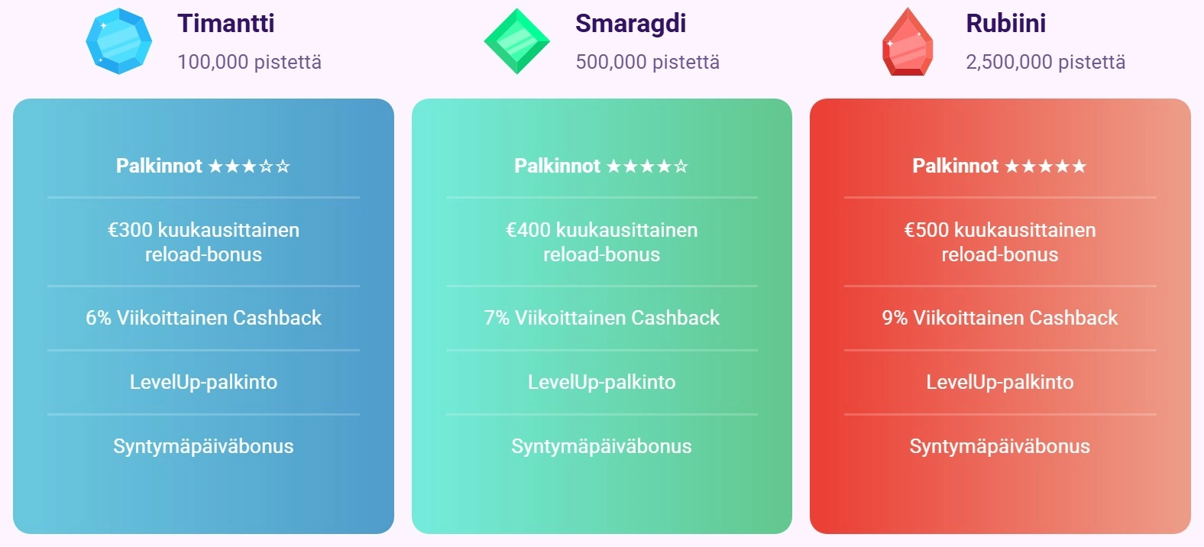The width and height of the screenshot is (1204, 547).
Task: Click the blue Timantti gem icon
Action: (118, 41)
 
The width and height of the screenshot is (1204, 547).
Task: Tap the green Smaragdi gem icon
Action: (517, 41)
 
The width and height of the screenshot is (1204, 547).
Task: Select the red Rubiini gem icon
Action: (908, 42)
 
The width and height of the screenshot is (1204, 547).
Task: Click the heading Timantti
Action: (226, 23)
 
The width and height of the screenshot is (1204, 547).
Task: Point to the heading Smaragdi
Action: (630, 23)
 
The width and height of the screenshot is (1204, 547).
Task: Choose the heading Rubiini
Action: (1005, 23)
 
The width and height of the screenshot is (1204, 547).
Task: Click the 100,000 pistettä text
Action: (249, 62)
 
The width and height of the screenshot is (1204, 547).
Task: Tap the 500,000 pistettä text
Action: (647, 62)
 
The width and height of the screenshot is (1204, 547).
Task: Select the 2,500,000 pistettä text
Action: (1045, 62)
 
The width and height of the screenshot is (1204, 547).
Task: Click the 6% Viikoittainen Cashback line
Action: (203, 318)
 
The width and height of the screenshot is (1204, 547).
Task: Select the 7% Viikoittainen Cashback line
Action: (601, 318)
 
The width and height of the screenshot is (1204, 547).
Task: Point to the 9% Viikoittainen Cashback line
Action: (1000, 318)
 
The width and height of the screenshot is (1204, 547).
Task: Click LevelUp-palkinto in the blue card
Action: (203, 382)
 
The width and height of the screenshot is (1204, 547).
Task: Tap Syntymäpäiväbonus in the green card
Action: (601, 446)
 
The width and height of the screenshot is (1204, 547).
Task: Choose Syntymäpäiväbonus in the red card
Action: (1000, 446)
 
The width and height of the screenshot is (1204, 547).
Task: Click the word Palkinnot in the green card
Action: (557, 166)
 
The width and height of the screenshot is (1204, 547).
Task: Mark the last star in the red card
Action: (1079, 166)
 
